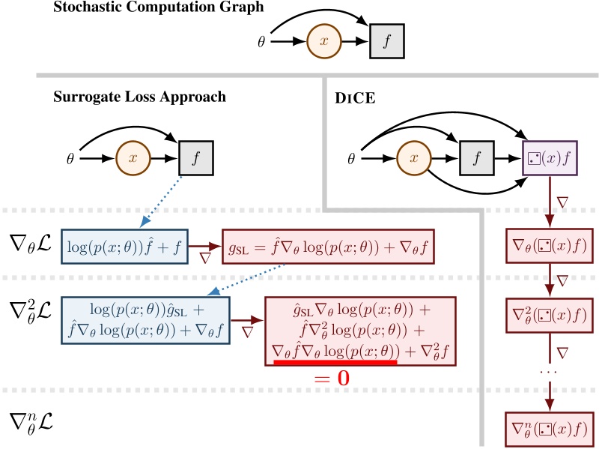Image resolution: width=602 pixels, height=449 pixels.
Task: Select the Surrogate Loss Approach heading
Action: (139, 97)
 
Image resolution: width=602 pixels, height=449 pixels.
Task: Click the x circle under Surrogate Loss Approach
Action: (133, 160)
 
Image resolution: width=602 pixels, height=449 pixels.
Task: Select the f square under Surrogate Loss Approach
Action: (197, 160)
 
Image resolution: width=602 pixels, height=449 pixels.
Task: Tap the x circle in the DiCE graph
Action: (409, 160)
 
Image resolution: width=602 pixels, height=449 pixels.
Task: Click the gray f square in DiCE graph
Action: (472, 160)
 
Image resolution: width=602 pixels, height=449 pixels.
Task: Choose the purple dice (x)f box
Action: (550, 160)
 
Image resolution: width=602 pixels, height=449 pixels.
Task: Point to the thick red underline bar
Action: (335, 363)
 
